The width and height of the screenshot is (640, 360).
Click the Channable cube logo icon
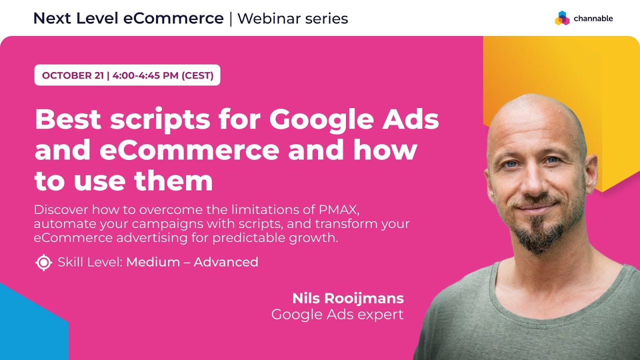click(x=562, y=18)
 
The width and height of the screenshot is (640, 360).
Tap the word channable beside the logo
click(x=593, y=18)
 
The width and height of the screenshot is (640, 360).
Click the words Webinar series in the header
click(x=292, y=18)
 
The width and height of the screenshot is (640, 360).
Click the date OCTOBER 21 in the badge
click(x=73, y=75)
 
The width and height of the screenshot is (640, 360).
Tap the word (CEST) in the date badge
click(x=197, y=75)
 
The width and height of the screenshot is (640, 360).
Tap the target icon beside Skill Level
click(x=44, y=262)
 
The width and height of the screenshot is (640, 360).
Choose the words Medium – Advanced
click(x=192, y=262)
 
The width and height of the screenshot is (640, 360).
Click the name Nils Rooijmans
click(x=348, y=298)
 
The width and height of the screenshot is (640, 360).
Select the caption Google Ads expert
click(x=337, y=314)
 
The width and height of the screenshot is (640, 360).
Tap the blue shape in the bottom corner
click(x=30, y=325)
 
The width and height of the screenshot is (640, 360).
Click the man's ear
click(x=591, y=172)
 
